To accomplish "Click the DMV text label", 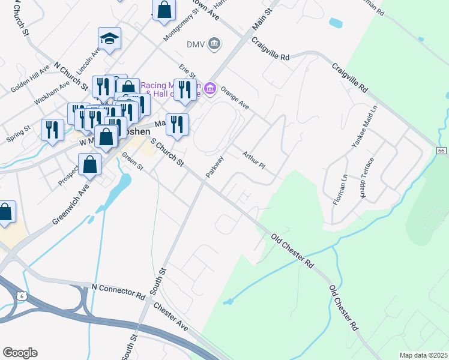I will click(196, 44).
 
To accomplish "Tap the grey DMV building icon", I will click(214, 44).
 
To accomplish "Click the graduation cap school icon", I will click(109, 40).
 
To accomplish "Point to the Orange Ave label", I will click(235, 96).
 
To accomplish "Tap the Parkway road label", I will click(215, 166).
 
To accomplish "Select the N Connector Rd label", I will click(118, 291).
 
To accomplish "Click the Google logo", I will click(20, 353).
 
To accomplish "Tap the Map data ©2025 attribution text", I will click(423, 355).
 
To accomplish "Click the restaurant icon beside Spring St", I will click(52, 130).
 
